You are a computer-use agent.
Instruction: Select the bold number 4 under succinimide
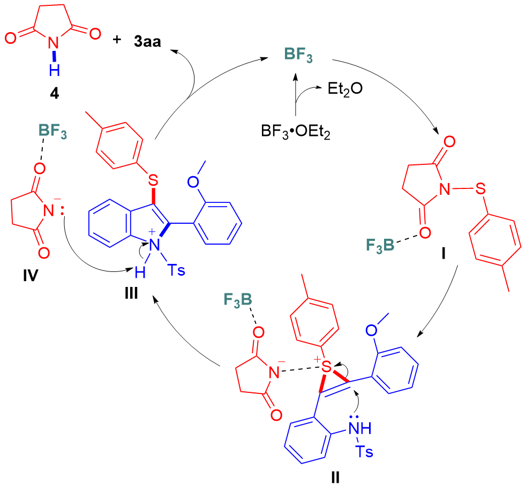coord(55,92)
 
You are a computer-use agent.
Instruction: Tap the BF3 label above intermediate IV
coord(52,131)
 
